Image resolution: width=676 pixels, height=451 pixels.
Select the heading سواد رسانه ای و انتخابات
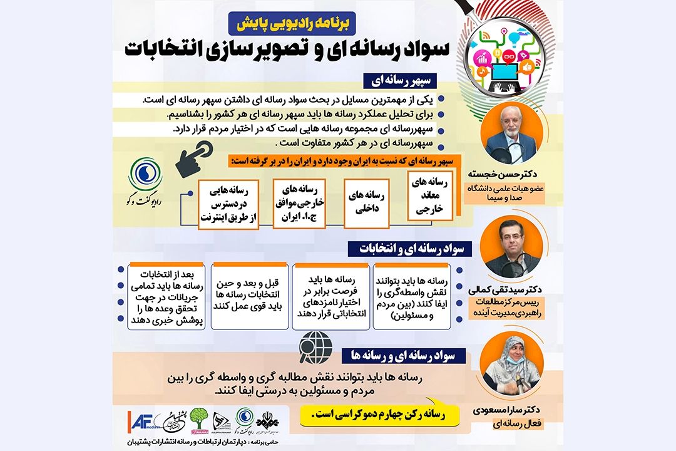click(x=401, y=249)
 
